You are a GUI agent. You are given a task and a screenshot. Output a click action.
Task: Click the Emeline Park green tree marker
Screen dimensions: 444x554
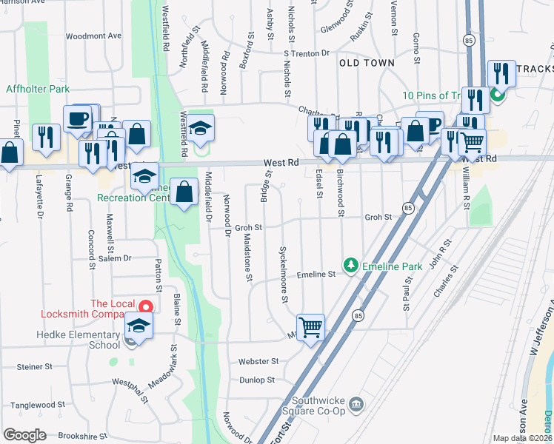(x=350, y=265)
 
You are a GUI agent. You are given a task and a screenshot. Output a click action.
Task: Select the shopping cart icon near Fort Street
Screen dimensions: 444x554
(x=311, y=326)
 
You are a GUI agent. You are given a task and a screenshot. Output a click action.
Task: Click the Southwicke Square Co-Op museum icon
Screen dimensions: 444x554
(x=356, y=403)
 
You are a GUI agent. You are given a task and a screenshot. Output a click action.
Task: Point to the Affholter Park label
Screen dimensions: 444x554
(x=38, y=89)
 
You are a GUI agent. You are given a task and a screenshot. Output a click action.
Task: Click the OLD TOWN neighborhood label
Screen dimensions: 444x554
(x=367, y=63)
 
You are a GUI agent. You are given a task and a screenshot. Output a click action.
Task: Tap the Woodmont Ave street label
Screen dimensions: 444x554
(x=93, y=36)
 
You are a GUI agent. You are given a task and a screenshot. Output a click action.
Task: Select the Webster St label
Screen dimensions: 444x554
(x=258, y=362)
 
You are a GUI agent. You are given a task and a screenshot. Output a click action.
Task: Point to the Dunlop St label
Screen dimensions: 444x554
(x=257, y=380)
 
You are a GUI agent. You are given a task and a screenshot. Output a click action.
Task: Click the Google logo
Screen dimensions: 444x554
(x=24, y=435)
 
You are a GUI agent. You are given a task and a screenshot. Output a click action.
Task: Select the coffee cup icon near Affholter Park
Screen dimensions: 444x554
(x=78, y=118)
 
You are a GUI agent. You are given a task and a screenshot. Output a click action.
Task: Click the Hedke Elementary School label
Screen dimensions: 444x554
(x=78, y=340)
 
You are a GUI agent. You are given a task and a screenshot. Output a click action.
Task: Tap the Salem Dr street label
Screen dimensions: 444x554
(x=114, y=258)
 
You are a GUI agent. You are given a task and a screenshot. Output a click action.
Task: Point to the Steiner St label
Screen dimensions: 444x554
(x=34, y=366)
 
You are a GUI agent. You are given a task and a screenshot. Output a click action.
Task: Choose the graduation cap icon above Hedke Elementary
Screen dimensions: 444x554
(x=138, y=326)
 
